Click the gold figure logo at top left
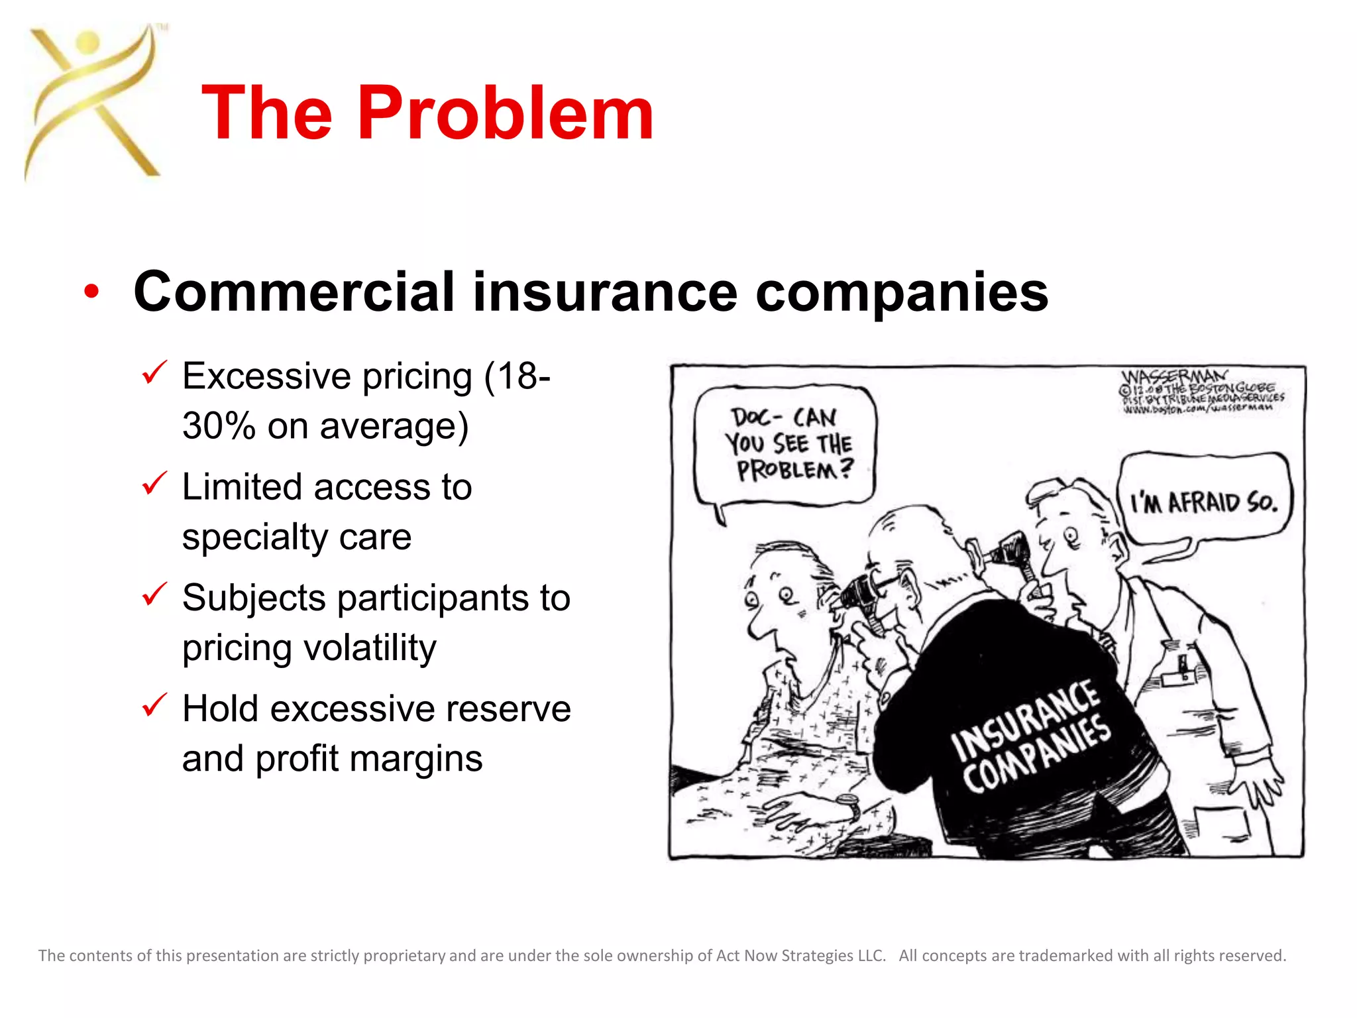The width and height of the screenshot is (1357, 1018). (93, 103)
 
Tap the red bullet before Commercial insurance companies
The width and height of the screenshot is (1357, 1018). (91, 292)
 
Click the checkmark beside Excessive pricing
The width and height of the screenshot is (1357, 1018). (154, 372)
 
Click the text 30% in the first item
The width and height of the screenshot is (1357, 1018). (218, 425)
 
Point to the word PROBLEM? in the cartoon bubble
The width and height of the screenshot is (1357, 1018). (794, 470)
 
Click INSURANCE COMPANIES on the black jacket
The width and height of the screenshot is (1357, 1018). (1031, 736)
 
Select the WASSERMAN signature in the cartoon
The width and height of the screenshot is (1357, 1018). (1173, 378)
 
